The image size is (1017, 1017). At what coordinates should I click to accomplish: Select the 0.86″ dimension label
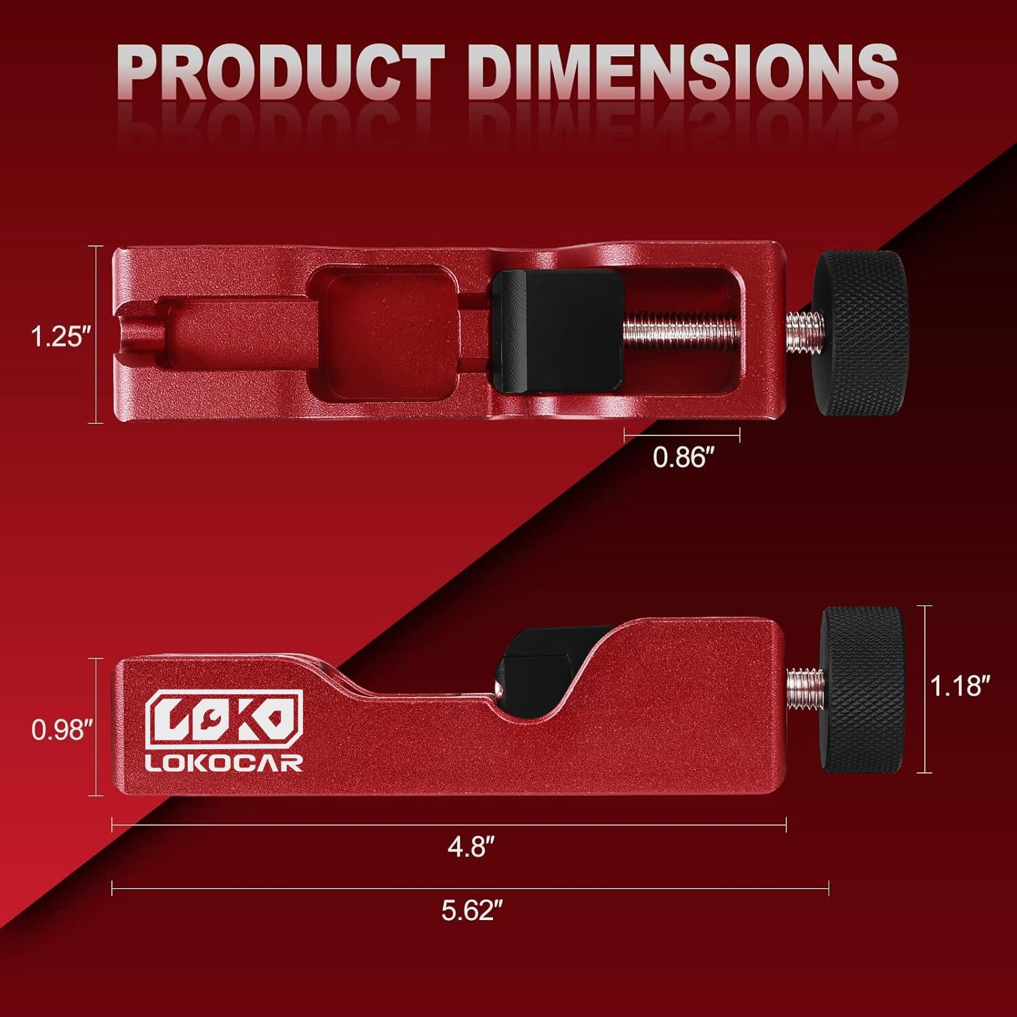[x=683, y=458]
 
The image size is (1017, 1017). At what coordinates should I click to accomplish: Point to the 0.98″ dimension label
[x=62, y=730]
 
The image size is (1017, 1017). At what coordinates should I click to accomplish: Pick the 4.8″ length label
[x=471, y=846]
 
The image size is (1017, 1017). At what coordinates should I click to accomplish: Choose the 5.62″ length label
[x=471, y=910]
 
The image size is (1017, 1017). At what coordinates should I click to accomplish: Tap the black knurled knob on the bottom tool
[x=862, y=690]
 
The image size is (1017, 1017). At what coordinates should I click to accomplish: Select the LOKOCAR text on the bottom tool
[x=224, y=763]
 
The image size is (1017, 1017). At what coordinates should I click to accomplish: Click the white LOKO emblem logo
[x=224, y=719]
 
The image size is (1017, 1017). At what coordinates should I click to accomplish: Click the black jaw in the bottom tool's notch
[x=536, y=661]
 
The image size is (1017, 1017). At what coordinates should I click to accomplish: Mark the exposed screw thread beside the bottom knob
[x=805, y=689]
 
